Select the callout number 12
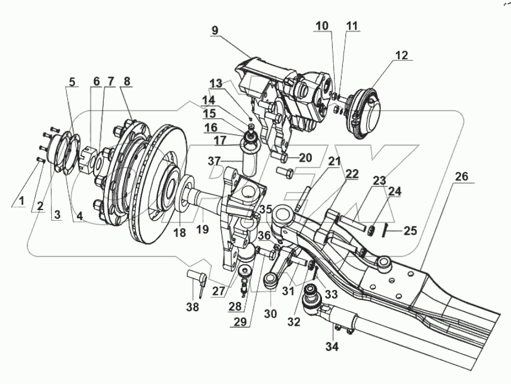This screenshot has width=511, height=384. (401, 55)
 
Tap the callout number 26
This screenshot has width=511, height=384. (461, 177)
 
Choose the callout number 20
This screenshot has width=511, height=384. (305, 158)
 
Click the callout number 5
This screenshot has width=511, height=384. (71, 81)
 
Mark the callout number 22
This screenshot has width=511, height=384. (351, 175)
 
